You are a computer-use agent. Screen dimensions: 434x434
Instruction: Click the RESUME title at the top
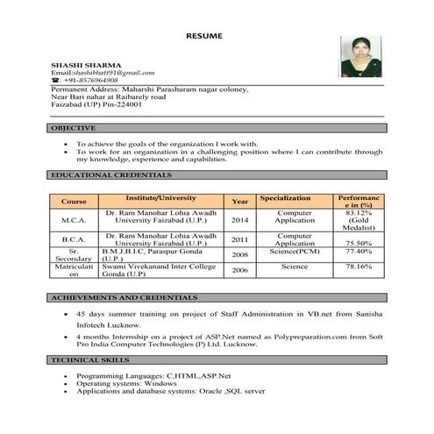[204, 35]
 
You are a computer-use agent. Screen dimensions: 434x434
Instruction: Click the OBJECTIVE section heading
[73, 129]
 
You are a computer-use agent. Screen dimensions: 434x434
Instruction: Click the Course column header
[74, 202]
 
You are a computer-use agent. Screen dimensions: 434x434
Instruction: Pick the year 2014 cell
[239, 220]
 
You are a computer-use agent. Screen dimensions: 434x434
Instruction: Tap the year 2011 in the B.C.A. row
[239, 238]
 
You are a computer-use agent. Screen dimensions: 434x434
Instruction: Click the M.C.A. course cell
[75, 220]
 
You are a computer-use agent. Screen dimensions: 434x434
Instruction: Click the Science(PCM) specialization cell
[295, 252]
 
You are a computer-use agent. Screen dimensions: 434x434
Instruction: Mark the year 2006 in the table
[239, 271]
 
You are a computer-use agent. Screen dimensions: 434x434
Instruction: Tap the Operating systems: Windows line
[126, 383]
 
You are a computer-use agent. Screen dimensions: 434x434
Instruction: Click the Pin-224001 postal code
[118, 104]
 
